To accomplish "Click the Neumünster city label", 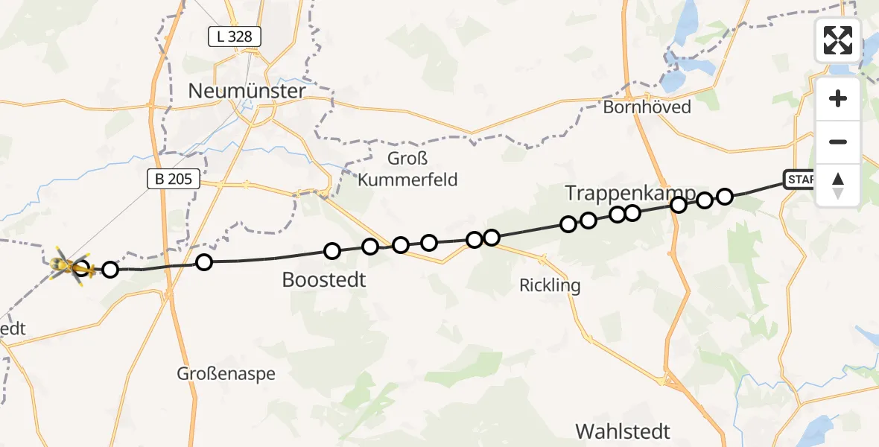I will click(247, 92).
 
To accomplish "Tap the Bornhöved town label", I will click(647, 107).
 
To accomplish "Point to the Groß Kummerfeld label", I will click(407, 169).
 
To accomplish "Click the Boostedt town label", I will click(324, 280).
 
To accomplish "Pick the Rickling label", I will click(550, 285).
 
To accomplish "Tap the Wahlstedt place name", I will click(623, 431).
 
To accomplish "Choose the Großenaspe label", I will click(226, 373).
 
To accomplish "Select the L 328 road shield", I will click(234, 36).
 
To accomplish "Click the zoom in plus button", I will click(838, 98).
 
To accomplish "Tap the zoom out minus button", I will click(838, 142).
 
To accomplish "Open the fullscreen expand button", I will click(838, 40).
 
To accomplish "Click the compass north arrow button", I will click(838, 186).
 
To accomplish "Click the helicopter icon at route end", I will click(67, 265).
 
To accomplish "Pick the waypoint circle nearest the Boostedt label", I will click(332, 251).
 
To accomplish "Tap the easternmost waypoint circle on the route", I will click(725, 197).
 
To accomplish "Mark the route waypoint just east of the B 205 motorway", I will click(204, 262).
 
